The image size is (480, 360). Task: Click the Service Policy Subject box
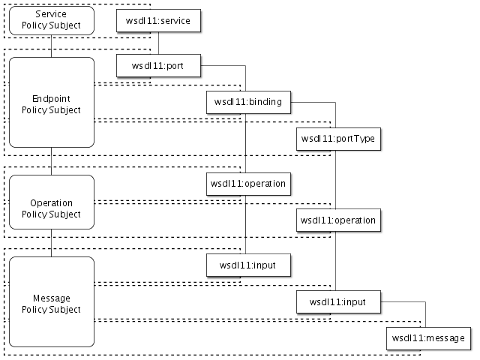pos(51,20)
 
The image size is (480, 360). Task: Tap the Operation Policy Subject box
pos(51,208)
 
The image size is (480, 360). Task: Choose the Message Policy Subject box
pos(51,302)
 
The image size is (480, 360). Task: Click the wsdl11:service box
pos(158,20)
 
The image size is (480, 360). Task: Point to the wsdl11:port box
pos(158,66)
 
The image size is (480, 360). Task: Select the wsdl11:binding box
pos(248,103)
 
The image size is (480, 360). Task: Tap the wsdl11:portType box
pos(337,139)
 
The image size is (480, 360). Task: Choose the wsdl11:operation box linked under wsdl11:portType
pos(337,220)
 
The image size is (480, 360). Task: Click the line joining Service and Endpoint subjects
pos(51,46)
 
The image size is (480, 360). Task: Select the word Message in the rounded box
pos(51,298)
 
